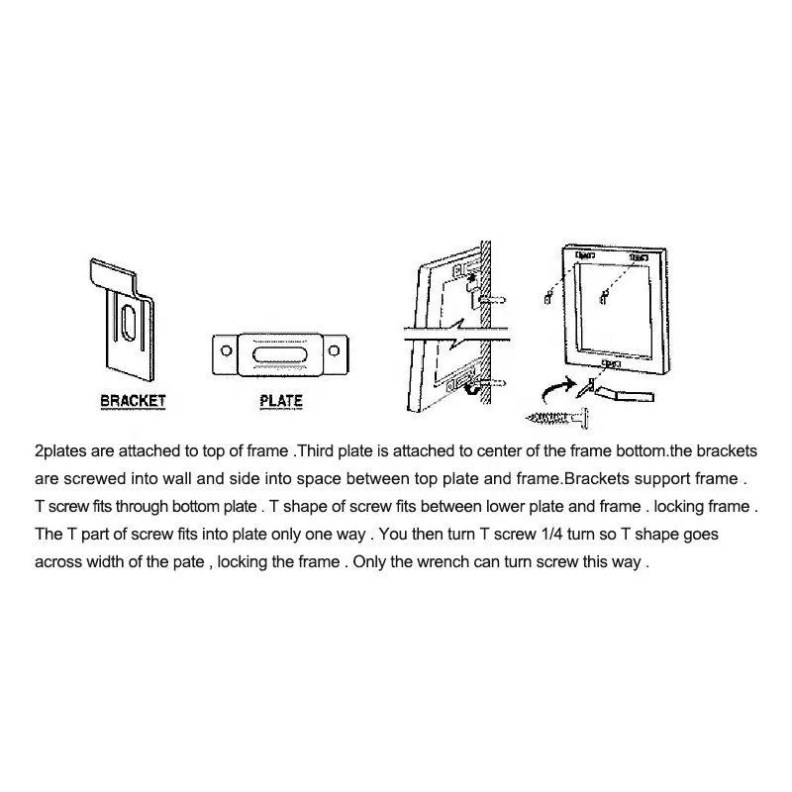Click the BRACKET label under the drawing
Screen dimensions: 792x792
(x=133, y=402)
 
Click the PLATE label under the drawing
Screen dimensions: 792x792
(x=280, y=402)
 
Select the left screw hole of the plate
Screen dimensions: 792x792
(x=226, y=352)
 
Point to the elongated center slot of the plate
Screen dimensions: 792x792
(x=280, y=353)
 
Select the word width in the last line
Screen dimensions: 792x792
(x=107, y=562)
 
